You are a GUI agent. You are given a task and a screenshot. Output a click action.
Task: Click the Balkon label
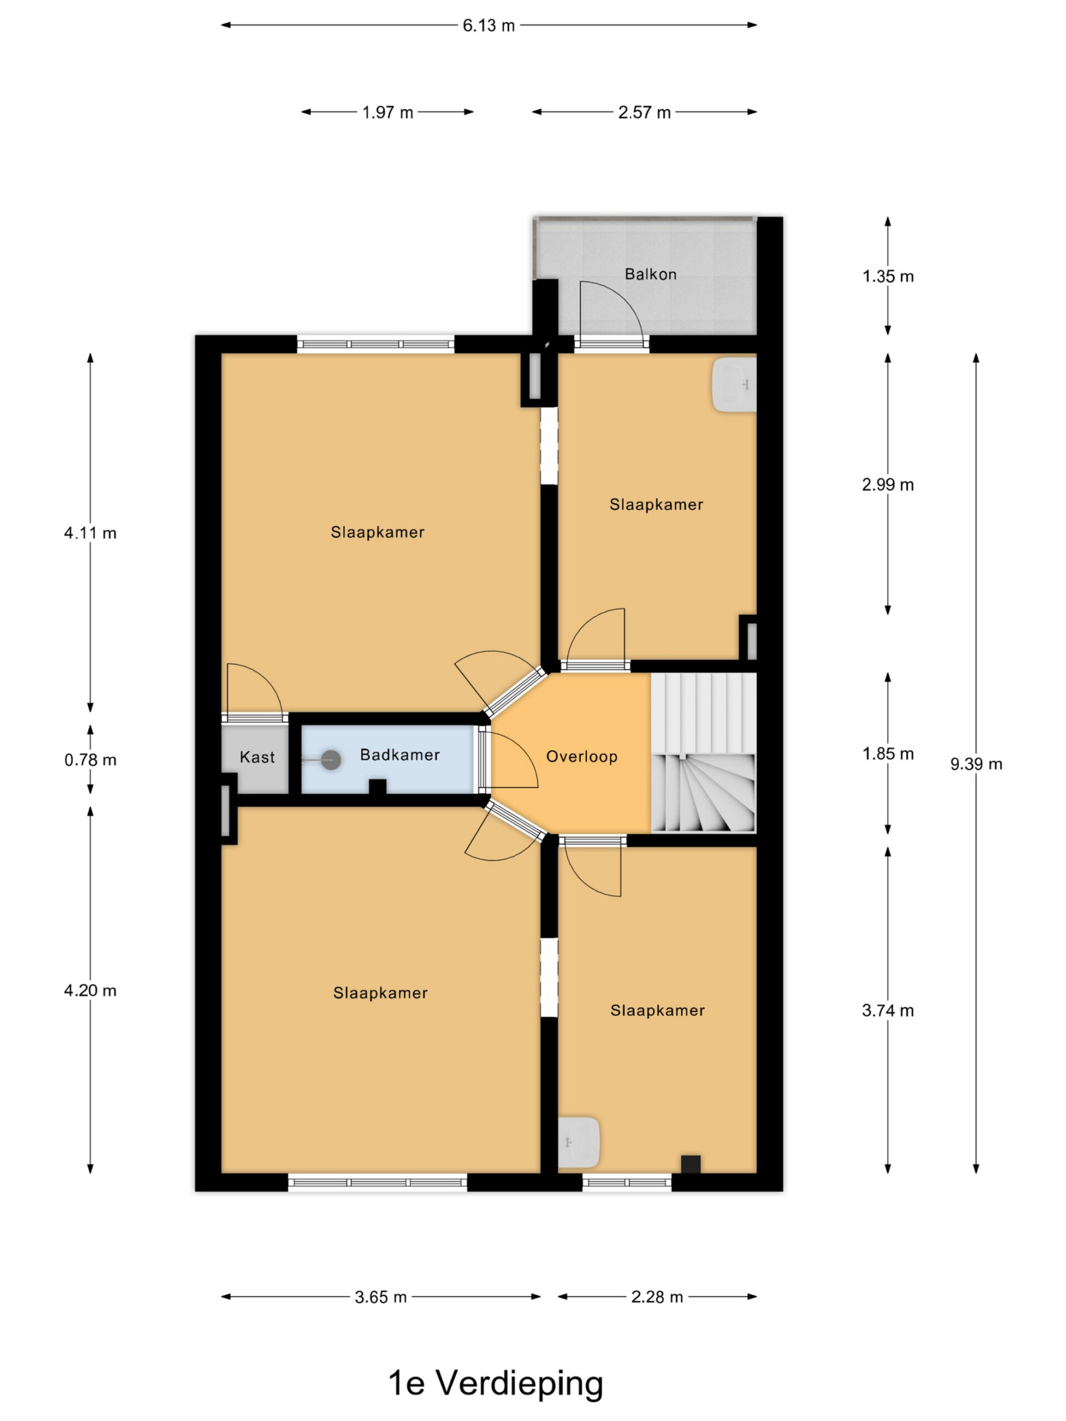650,274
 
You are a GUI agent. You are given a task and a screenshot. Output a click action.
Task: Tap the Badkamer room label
400,755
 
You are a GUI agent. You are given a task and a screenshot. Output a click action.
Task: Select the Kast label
257,757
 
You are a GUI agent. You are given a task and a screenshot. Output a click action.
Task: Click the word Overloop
581,757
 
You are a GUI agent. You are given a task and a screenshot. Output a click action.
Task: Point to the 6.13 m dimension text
489,26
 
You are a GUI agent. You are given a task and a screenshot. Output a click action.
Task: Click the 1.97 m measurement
388,113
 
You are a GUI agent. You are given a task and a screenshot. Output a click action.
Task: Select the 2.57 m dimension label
645,113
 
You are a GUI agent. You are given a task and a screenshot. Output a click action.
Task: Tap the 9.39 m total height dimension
976,764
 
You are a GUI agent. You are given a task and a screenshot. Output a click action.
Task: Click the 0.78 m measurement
90,760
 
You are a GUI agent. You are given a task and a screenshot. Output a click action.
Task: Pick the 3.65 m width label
381,1297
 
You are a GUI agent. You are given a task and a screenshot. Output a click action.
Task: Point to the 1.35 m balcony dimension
888,276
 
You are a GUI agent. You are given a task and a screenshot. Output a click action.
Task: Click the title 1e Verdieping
496,1383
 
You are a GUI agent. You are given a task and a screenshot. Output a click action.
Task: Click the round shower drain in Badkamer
331,760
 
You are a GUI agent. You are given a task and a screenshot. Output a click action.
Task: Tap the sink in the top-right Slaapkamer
734,385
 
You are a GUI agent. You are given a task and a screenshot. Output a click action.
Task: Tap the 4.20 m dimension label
90,990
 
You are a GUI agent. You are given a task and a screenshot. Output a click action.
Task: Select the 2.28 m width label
657,1297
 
